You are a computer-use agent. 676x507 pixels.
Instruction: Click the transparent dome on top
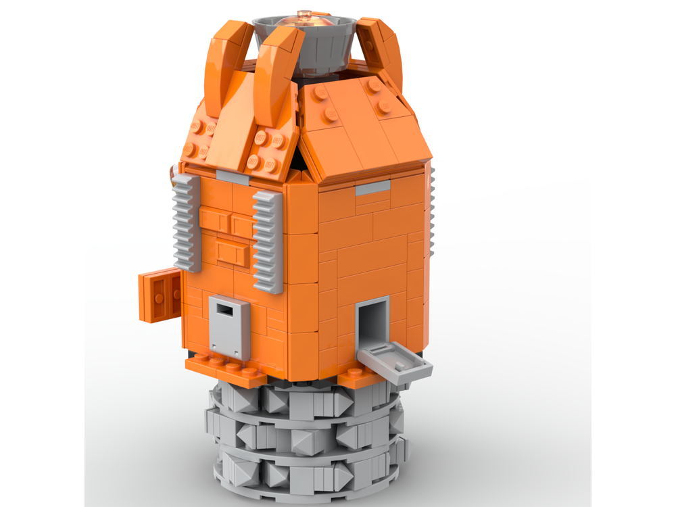tap(305, 20)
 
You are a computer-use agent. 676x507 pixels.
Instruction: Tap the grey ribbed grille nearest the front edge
tap(268, 241)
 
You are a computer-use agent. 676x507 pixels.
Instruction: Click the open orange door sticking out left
tap(160, 295)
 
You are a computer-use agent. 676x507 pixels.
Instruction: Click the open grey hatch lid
tap(395, 359)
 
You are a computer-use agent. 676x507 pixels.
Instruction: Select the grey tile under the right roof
tap(372, 187)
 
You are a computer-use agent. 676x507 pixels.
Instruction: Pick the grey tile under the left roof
tap(232, 177)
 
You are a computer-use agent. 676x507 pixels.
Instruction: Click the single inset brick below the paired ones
tap(231, 253)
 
